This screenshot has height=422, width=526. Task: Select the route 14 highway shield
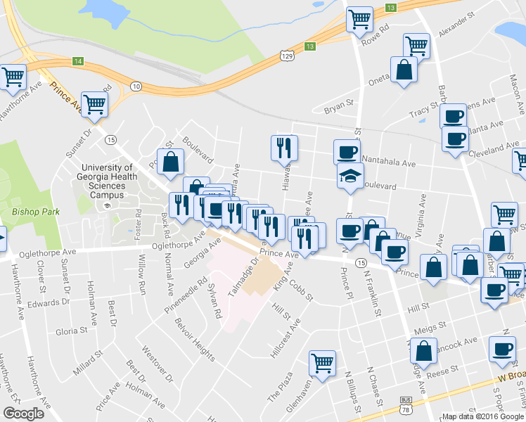pyautogui.click(x=78, y=62)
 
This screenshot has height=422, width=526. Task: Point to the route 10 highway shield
pyautogui.click(x=136, y=86)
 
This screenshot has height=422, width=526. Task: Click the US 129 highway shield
pyautogui.click(x=286, y=54)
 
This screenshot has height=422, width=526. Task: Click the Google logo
pyautogui.click(x=23, y=413)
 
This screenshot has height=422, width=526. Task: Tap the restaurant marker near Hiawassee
pyautogui.click(x=284, y=147)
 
